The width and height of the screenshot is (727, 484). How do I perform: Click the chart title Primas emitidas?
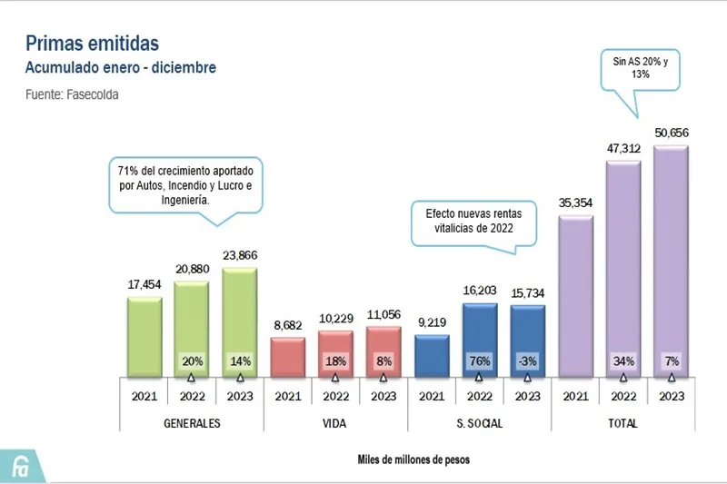(x=92, y=43)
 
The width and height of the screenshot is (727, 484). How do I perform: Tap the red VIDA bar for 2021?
(x=287, y=356)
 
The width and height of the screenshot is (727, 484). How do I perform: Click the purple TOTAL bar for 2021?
(x=575, y=296)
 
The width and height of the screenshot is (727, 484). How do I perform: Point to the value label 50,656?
(x=670, y=133)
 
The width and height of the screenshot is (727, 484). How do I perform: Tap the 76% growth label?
(x=479, y=361)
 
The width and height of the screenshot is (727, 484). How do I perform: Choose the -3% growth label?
(x=527, y=361)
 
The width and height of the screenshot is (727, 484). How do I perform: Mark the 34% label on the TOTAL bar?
(x=623, y=361)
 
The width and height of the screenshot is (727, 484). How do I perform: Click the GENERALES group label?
(x=192, y=424)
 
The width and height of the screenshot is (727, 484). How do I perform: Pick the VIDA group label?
(x=335, y=424)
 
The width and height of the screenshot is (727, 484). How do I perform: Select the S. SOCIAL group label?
(x=479, y=424)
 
